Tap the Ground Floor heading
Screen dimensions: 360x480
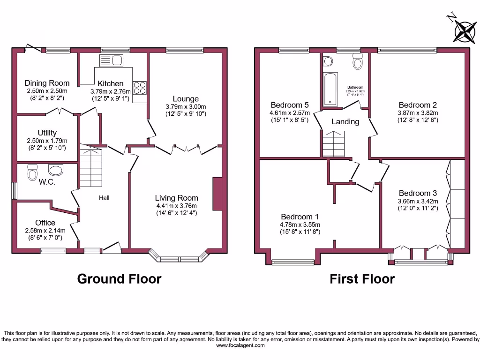119,279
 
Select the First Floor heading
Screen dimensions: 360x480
362,279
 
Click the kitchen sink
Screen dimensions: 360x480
111,60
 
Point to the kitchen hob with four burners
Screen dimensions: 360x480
139,89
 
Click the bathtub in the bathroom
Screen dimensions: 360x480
330,89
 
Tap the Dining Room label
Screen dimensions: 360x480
47,83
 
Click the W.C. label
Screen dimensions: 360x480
47,182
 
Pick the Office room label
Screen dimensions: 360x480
45,223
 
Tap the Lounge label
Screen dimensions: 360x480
186,99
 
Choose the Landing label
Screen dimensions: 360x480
345,121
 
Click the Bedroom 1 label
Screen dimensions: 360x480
300,217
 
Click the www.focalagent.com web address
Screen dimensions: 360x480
240,345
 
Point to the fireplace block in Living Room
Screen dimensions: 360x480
217,194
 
